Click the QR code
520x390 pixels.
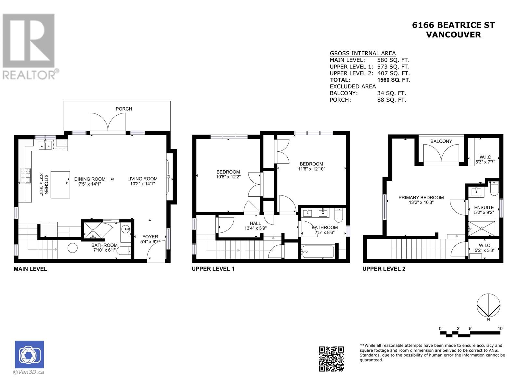coord(331,359)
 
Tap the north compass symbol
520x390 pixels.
coord(488,305)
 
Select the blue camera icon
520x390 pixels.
coord(29,355)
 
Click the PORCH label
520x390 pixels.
coord(124,109)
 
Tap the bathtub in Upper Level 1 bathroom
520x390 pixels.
coord(318,252)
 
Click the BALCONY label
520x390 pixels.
coord(441,141)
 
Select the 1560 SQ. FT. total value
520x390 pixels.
coord(394,80)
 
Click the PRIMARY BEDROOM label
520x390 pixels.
coord(421,198)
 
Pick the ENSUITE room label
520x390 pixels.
coord(484,207)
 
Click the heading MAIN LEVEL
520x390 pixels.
coord(30,269)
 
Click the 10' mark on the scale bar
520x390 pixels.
coord(500,329)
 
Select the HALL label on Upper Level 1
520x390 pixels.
coord(255,223)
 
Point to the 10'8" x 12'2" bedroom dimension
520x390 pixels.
coord(228,177)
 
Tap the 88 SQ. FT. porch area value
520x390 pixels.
coord(392,100)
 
